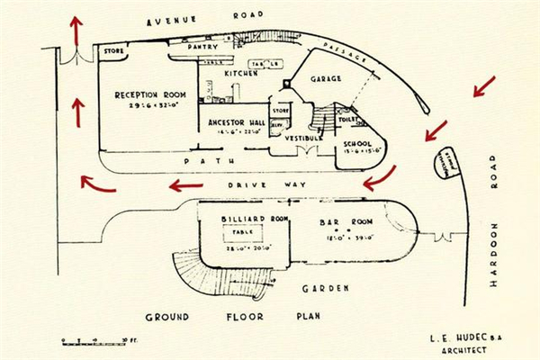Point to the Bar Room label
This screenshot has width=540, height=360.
(x=340, y=220)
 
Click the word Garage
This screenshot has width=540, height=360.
(x=325, y=78)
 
